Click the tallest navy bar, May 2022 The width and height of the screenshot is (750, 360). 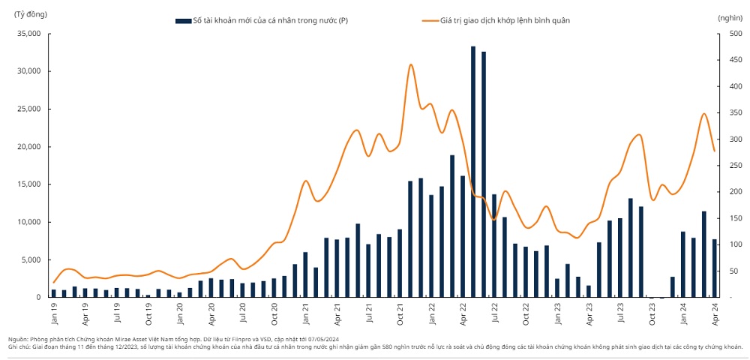coord(473,172)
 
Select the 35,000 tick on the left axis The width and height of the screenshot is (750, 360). coord(29,34)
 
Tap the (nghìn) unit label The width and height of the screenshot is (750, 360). coord(729,16)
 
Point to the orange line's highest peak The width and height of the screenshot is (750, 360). coord(411,64)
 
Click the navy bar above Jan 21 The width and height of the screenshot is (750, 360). coord(305,274)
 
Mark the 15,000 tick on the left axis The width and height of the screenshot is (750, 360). coord(29,184)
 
